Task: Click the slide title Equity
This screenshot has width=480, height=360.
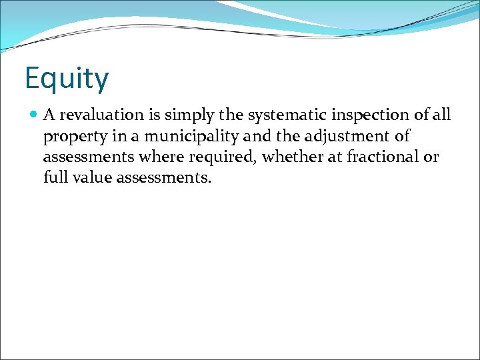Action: (66, 79)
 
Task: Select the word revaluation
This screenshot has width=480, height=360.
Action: (94, 115)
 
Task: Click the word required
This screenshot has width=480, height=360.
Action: (231, 157)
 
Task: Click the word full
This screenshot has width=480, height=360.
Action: (53, 178)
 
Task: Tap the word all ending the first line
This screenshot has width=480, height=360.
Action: (441, 115)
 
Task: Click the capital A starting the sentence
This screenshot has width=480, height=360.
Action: (49, 115)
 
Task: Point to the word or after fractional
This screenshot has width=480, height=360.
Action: (431, 158)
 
